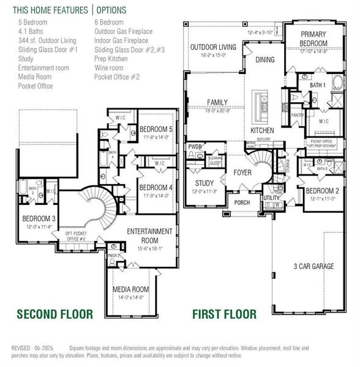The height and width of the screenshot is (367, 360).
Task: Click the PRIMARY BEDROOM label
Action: click(x=313, y=39)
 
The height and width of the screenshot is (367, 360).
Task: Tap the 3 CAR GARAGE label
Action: click(x=313, y=266)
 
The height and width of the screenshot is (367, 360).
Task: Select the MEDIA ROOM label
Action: click(x=130, y=289)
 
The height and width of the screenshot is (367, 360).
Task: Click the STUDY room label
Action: click(x=204, y=183)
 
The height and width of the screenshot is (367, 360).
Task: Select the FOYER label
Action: click(x=242, y=173)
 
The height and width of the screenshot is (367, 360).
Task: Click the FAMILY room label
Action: click(x=217, y=103)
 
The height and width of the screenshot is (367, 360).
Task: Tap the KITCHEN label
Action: click(x=263, y=131)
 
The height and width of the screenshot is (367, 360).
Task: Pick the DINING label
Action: click(x=265, y=59)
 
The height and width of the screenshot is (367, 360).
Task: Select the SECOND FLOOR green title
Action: click(x=54, y=314)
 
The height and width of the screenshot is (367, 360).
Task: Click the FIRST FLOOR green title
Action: click(x=224, y=314)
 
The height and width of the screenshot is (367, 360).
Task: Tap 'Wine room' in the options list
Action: click(x=108, y=68)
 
